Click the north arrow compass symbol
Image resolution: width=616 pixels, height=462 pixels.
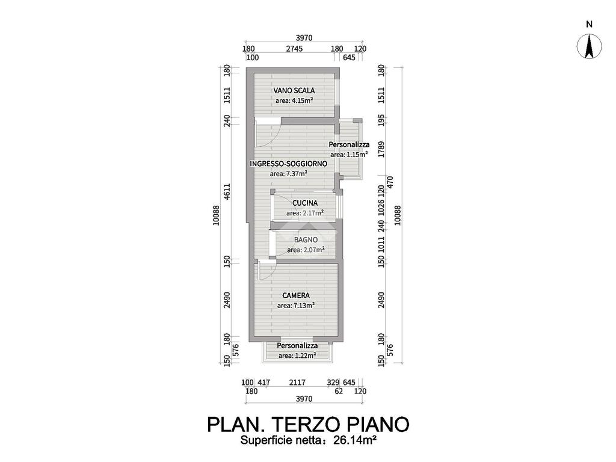click(x=590, y=46)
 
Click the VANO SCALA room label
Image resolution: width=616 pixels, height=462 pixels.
click(x=294, y=90)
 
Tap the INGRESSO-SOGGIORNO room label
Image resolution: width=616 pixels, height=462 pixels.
click(x=289, y=164)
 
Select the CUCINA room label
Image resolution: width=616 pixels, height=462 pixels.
click(x=305, y=203)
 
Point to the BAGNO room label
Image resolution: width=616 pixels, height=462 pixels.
click(x=306, y=239)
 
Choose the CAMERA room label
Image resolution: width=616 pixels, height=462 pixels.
click(x=296, y=295)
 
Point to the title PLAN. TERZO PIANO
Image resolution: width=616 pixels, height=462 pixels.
click(x=308, y=424)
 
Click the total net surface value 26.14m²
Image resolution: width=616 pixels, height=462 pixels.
click(x=354, y=441)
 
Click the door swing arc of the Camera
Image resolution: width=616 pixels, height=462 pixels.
click(x=265, y=272)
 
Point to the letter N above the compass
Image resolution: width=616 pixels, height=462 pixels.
click(x=590, y=25)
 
